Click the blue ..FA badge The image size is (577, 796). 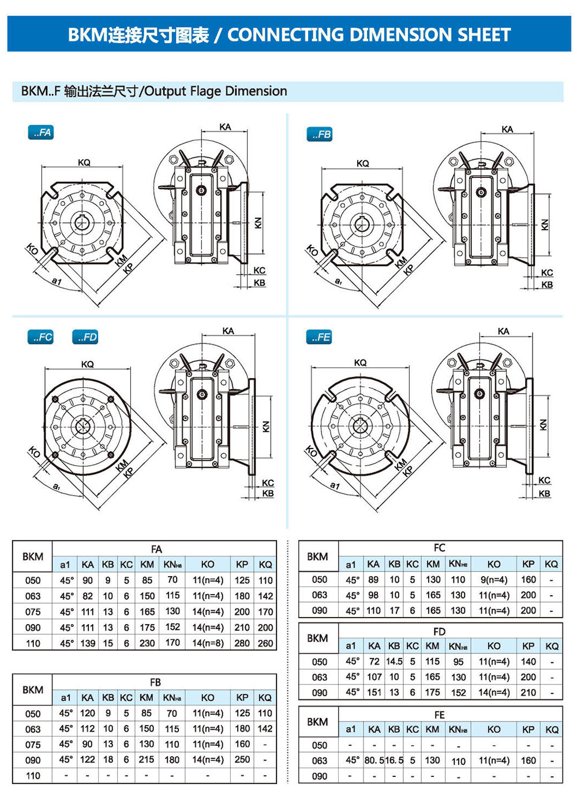pos(41,133)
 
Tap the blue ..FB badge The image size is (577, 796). pos(320,134)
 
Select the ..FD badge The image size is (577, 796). pos(85,337)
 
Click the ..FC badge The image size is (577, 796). pos(40,337)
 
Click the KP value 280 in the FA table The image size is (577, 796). pos(242,643)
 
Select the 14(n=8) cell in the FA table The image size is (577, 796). pos(208,643)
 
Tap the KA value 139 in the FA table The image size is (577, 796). pos(88,643)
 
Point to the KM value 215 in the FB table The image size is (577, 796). pos(147,760)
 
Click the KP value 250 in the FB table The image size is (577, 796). pos(242,760)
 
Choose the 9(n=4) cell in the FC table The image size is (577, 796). pos(494,580)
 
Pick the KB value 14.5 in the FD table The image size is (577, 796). pos(394,662)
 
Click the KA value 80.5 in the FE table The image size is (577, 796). pos(374,761)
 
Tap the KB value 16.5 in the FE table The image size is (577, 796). pos(394,761)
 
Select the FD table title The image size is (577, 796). pos(440,631)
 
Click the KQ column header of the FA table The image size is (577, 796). pos(265,565)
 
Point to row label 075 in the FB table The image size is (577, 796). pos(33,745)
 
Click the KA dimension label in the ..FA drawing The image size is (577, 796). pos(225,127)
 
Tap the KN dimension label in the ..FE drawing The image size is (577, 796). pos(543,425)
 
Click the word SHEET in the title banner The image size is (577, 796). pos(484,35)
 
